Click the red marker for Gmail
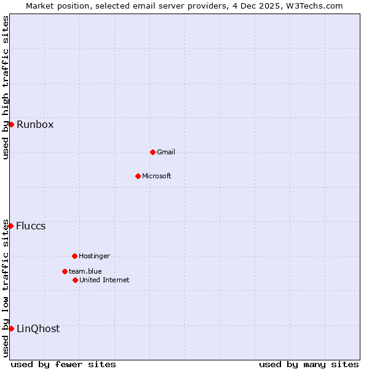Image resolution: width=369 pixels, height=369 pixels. click(153, 152)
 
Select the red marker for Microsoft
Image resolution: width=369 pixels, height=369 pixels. click(138, 176)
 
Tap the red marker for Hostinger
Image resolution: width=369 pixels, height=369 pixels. click(74, 256)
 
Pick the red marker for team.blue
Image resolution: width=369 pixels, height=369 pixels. click(65, 271)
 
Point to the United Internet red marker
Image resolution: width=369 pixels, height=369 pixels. click(75, 280)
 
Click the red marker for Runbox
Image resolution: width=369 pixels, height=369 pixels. click(11, 124)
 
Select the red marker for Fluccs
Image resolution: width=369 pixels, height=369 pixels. click(10, 226)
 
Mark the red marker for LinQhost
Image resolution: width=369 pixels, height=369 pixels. click(11, 328)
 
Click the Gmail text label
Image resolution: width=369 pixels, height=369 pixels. click(166, 152)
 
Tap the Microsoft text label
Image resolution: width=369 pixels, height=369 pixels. click(157, 176)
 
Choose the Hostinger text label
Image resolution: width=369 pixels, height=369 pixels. click(94, 256)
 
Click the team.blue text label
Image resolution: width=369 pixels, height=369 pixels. click(85, 271)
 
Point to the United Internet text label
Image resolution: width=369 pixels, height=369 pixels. click(105, 280)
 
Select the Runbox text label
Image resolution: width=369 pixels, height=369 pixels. click(35, 124)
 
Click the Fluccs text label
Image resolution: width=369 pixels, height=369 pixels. click(31, 226)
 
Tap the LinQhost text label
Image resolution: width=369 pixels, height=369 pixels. click(38, 328)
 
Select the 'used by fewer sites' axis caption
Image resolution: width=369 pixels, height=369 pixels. click(63, 364)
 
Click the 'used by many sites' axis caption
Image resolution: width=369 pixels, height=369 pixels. click(309, 364)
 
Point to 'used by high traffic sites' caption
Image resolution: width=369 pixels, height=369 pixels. click(6, 87)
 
